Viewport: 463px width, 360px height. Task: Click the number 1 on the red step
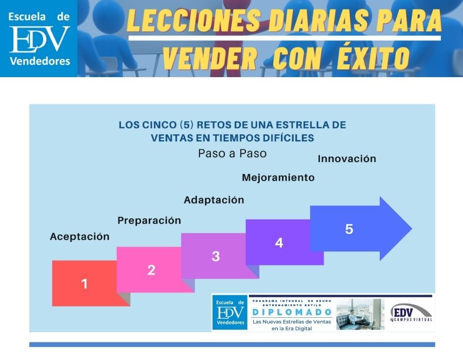point(84,283)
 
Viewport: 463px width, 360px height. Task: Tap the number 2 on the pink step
point(151,270)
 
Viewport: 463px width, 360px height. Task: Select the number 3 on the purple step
point(216,256)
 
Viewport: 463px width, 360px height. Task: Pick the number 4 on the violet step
point(279,243)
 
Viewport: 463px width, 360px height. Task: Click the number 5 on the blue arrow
point(349,229)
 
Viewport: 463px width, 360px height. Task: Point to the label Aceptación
point(80,237)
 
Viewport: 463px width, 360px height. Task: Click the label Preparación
point(149,221)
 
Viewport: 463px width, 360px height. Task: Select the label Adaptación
point(214,200)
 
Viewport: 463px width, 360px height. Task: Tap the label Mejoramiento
point(278,178)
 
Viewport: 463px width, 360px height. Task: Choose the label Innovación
point(347,159)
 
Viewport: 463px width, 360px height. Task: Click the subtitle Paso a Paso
point(233,153)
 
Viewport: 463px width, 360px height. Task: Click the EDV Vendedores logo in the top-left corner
point(39,39)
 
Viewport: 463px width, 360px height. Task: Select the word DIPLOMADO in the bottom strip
point(292,312)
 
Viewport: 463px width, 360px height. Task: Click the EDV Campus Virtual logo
point(411,313)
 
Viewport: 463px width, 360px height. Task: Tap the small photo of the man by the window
point(360,314)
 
